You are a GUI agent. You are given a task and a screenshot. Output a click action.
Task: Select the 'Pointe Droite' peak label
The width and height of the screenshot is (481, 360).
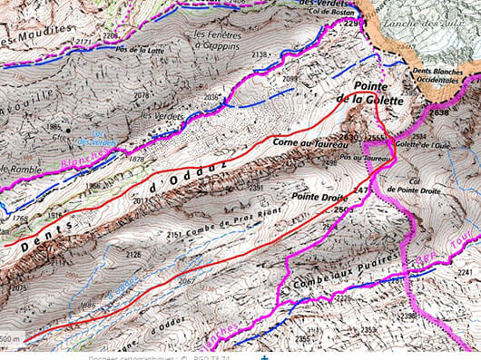[313, 195]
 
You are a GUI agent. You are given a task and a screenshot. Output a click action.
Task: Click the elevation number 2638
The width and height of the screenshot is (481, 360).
[440, 113]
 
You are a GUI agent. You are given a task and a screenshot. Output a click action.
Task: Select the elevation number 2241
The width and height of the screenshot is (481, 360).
[464, 272]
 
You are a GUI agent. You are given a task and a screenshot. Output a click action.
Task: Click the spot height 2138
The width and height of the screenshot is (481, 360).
[260, 55]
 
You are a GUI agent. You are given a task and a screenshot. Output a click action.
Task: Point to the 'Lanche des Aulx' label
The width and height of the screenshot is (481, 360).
[428, 23]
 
